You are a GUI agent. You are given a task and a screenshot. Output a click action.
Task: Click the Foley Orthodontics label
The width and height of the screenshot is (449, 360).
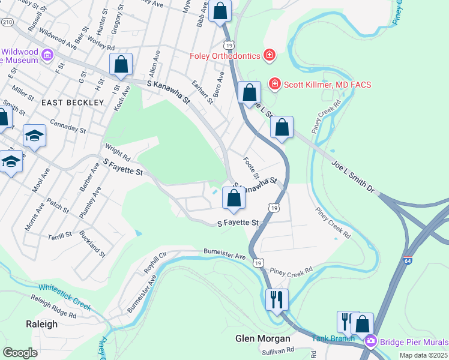pos(224,56)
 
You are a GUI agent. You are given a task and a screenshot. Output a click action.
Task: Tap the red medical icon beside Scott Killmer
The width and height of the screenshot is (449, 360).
pos(275,83)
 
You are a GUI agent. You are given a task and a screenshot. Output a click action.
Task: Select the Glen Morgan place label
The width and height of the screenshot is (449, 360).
pos(263,338)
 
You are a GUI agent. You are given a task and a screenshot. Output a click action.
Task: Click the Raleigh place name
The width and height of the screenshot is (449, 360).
pos(42,324)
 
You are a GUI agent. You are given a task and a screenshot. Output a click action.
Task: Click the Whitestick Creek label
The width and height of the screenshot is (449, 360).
pos(65,297)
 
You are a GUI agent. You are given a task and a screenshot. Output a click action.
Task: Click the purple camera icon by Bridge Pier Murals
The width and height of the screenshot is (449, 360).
pos(371,341)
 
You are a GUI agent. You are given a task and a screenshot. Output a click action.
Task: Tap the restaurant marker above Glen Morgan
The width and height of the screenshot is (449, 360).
pos(277,299)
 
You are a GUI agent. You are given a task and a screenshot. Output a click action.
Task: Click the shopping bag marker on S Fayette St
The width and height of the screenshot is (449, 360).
pos(234,197)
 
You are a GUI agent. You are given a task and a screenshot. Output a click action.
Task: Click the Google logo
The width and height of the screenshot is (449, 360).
pos(20,352)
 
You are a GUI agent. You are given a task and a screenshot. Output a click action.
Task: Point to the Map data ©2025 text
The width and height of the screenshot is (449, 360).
pos(423,355)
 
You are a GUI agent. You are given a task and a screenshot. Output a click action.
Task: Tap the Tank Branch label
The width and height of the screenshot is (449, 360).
pos(329,338)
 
